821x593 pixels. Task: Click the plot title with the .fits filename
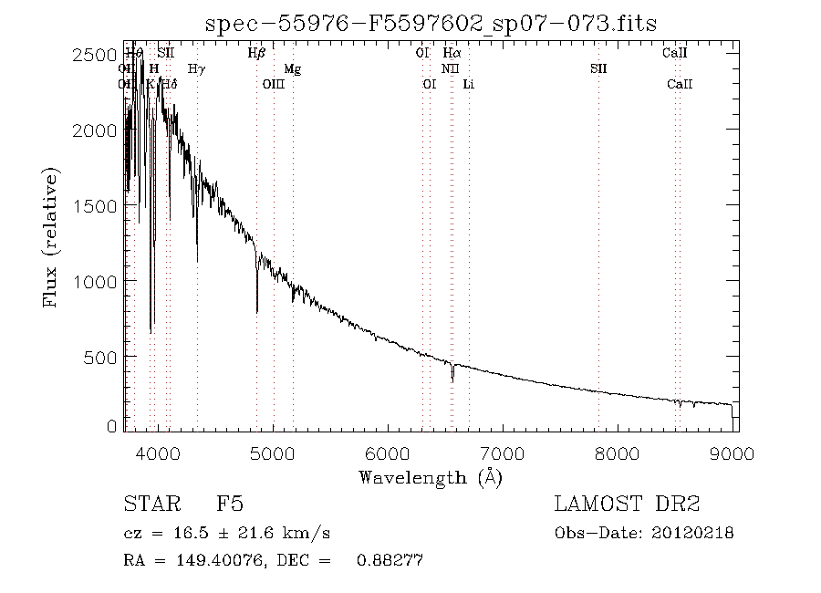[x=431, y=23]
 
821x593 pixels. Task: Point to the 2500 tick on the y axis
[x=91, y=55]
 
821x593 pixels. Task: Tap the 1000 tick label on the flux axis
[x=91, y=281]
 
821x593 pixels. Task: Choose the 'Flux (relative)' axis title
[x=52, y=236]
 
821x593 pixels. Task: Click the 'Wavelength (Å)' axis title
[x=431, y=477]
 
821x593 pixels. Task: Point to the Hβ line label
[x=256, y=54]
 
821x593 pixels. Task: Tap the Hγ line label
[x=196, y=69]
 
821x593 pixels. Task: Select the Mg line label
[x=292, y=69]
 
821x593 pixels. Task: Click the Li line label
[x=469, y=85]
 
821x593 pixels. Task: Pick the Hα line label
[x=452, y=54]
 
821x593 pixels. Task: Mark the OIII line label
[x=274, y=85]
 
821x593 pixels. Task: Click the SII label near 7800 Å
[x=598, y=69]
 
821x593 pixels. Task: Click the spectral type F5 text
[x=229, y=505]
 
